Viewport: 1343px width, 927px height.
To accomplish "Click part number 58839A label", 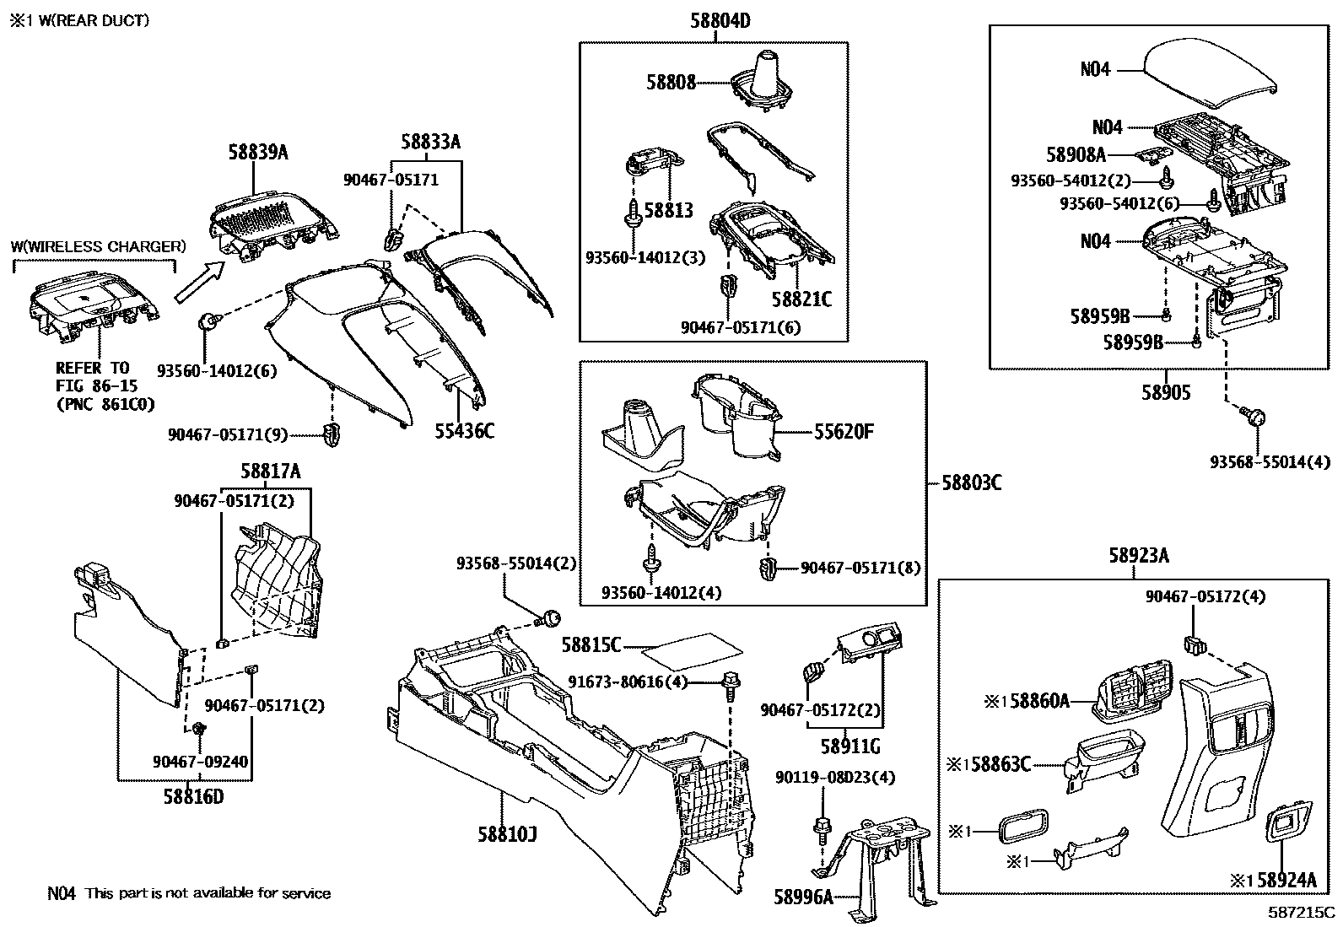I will tap(257, 153).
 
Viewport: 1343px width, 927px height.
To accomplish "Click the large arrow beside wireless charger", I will tap(199, 283).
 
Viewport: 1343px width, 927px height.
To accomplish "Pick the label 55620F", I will tap(844, 433).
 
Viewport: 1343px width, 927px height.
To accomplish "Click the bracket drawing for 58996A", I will tap(877, 852).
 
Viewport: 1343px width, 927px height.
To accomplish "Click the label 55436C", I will tap(464, 431).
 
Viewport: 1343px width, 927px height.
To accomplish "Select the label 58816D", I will tap(193, 795).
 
